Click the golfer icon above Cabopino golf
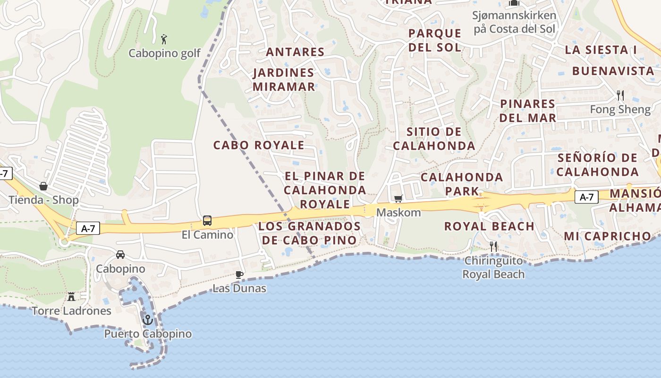[164, 39]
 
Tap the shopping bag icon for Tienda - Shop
[43, 186]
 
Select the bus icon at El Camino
[207, 220]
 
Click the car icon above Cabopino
[120, 255]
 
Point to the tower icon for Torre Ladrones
[71, 296]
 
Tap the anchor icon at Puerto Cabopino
[148, 320]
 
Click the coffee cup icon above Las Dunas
[239, 274]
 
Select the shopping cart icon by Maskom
[398, 199]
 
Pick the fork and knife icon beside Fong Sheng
[620, 95]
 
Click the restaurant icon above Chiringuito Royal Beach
[493, 246]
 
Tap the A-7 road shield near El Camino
[88, 229]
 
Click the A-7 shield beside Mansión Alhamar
[586, 197]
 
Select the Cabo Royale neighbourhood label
[259, 145]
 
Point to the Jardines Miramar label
[284, 80]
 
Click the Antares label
[295, 52]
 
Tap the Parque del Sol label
[434, 40]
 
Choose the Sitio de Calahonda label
[434, 139]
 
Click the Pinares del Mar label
[527, 111]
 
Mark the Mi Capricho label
[607, 236]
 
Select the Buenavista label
[613, 71]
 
